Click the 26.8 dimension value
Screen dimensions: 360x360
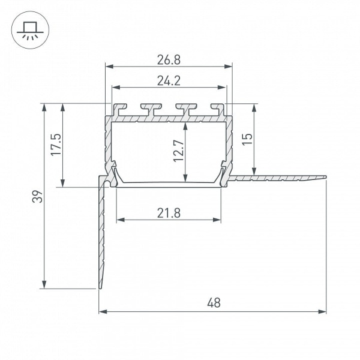[169, 60]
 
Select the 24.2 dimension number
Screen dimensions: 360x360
[169, 81]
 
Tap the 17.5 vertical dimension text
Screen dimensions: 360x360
[56, 145]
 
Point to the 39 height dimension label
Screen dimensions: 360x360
[37, 196]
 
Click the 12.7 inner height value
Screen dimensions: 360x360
[179, 151]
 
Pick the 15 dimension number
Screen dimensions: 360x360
[247, 139]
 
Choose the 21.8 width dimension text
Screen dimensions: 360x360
[169, 213]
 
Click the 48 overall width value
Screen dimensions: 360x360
[214, 303]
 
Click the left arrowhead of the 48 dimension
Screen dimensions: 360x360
[103, 311]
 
